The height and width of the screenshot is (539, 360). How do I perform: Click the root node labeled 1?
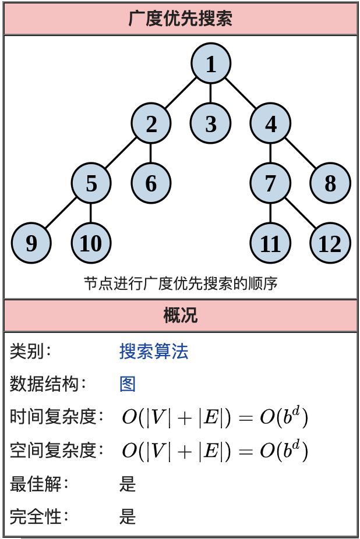coord(211,63)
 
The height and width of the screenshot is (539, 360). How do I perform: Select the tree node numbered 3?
coord(211,123)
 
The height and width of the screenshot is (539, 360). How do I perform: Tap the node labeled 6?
coord(151,183)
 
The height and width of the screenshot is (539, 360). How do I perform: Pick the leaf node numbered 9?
coord(31,243)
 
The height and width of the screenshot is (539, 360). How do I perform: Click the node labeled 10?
coord(91,243)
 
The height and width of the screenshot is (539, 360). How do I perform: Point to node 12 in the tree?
coord(330,243)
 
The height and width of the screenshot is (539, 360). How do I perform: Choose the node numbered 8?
coord(330,183)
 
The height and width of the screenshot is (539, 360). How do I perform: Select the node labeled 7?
coord(270,183)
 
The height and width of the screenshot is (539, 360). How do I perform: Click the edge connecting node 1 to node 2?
coord(181,93)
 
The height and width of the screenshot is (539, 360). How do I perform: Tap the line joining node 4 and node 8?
coord(300,153)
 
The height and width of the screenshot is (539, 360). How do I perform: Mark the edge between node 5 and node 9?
coord(61,213)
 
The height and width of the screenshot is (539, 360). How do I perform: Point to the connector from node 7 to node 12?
coord(300,213)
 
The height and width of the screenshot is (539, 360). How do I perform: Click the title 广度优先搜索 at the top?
coord(181,19)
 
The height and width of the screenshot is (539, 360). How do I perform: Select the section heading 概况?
coord(181,315)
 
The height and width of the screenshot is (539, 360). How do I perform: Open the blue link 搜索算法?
coord(154,352)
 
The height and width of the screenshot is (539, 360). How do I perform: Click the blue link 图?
coord(128,384)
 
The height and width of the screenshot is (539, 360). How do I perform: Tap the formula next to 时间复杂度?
coord(214,417)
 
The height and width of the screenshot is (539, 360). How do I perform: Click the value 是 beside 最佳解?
coord(128,483)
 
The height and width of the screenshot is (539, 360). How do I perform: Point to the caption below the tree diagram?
coord(181,283)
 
